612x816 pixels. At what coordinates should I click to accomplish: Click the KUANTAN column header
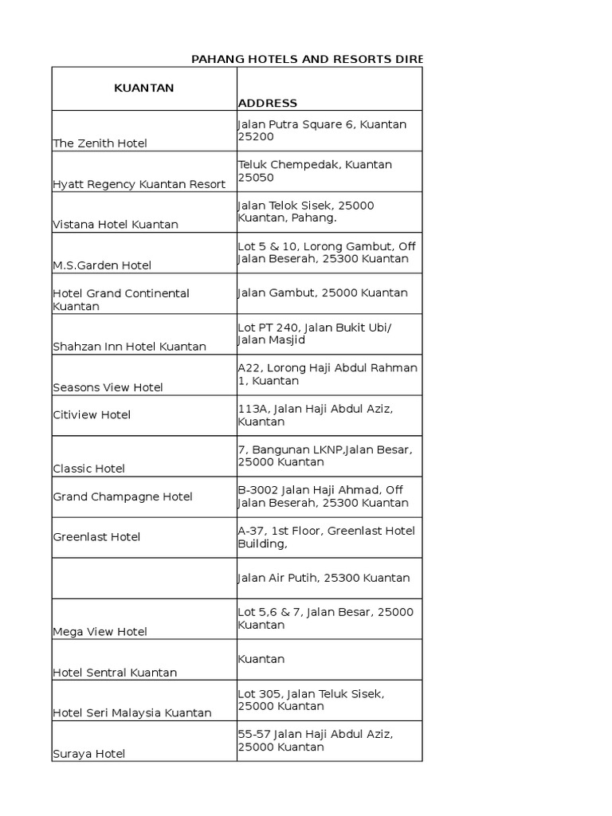tap(144, 88)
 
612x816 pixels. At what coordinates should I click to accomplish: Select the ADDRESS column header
tap(268, 103)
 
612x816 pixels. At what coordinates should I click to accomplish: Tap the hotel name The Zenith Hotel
tap(100, 143)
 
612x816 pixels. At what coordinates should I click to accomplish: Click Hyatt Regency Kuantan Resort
tap(139, 184)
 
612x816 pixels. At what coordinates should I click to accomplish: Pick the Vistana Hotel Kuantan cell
tap(116, 225)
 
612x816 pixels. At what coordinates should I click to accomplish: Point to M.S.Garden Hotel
tap(102, 265)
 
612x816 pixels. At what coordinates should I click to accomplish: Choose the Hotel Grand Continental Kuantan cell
tap(121, 300)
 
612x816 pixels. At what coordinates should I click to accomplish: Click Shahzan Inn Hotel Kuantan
tap(130, 347)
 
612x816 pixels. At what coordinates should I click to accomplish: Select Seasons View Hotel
tap(108, 387)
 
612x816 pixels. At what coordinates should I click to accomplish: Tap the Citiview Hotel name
tap(92, 415)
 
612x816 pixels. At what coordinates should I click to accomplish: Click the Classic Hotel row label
tap(89, 469)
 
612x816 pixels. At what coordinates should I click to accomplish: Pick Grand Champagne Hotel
tap(123, 496)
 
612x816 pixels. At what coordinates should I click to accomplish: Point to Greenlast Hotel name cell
tap(96, 537)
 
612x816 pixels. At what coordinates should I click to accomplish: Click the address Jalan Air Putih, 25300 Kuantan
tap(324, 578)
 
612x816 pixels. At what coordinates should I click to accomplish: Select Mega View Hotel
tap(100, 632)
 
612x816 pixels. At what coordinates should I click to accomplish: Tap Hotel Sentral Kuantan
tap(115, 673)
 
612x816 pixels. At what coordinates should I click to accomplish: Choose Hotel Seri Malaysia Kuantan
tap(132, 713)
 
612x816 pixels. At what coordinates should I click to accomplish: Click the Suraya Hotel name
tap(89, 754)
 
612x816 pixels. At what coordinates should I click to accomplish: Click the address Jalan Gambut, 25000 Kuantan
tap(323, 292)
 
